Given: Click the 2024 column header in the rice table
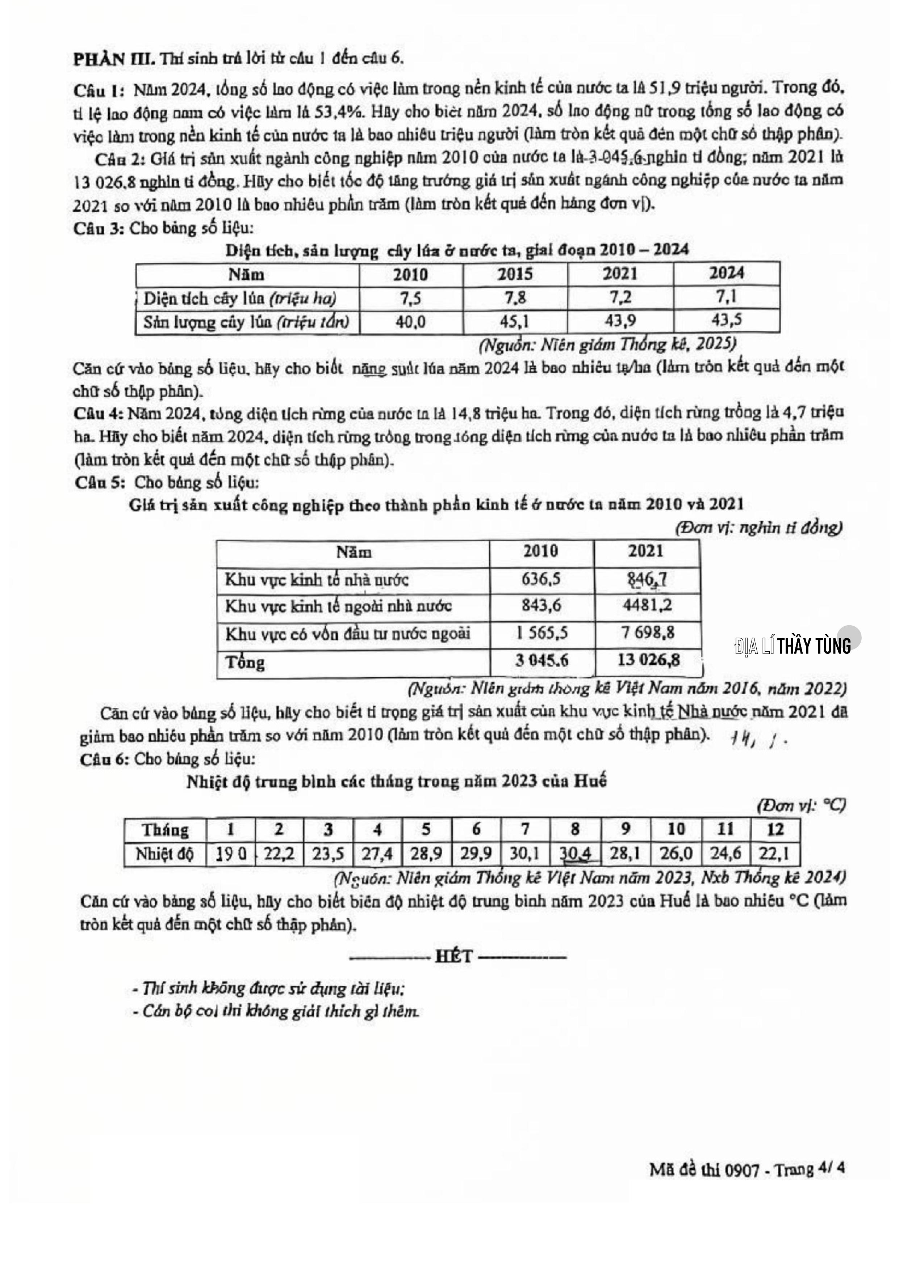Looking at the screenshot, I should click(726, 273).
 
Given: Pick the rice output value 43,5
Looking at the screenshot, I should click(726, 320).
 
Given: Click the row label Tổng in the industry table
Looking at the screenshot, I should click(245, 662).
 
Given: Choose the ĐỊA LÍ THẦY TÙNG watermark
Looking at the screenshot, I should click(793, 645).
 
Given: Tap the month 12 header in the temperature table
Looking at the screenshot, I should click(775, 829).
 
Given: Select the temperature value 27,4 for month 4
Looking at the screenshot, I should click(377, 855).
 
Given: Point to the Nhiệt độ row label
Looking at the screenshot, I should click(164, 855).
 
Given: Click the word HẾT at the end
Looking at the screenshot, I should click(454, 956).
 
